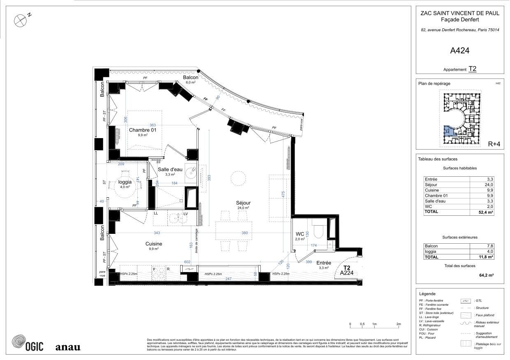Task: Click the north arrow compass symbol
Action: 20,21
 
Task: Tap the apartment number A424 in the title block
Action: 460,51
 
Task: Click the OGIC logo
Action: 28,344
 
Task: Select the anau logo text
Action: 68,347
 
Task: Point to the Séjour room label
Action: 243,203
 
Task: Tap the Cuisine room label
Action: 153,244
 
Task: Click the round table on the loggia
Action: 125,185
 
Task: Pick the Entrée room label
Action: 324,263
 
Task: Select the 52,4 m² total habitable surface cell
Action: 486,212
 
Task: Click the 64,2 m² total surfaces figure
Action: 486,275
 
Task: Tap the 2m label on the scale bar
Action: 399,324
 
